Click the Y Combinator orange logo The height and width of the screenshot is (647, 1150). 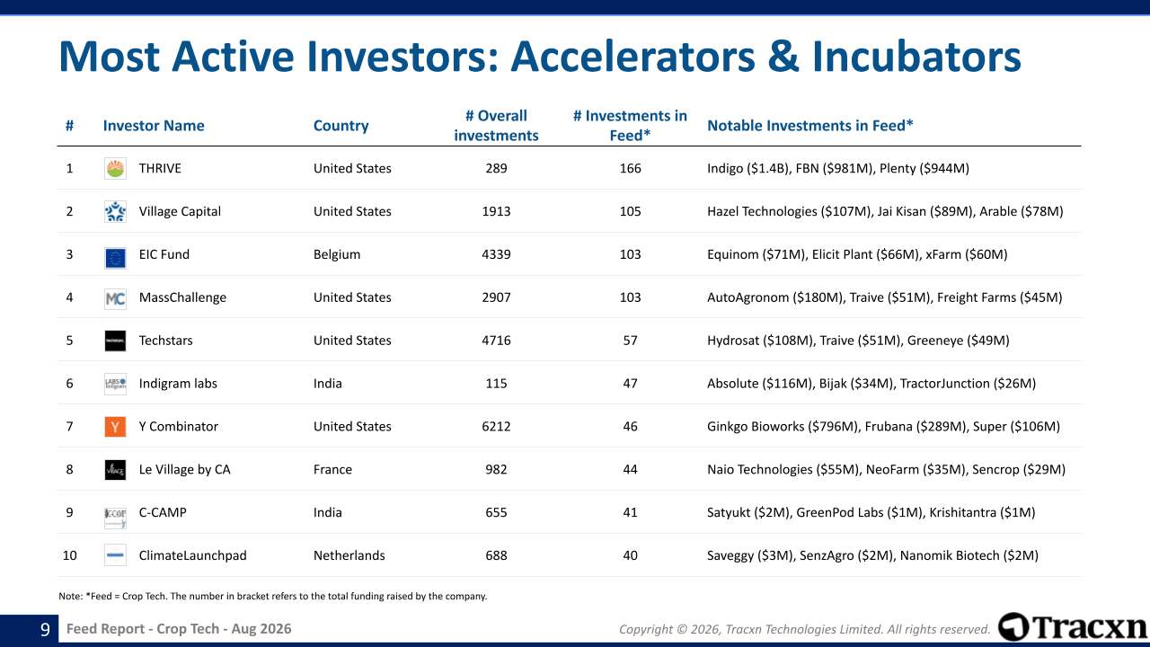pyautogui.click(x=115, y=427)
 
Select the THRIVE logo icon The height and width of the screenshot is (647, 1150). pyautogui.click(x=115, y=168)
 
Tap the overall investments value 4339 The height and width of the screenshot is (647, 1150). pyautogui.click(x=496, y=254)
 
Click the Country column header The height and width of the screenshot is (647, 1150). pyautogui.click(x=341, y=126)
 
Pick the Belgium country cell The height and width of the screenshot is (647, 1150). pyautogui.click(x=337, y=254)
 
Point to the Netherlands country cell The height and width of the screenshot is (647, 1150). pyautogui.click(x=349, y=555)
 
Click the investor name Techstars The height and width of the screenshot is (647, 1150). pyautogui.click(x=166, y=341)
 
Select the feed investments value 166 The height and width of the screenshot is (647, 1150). pyautogui.click(x=630, y=168)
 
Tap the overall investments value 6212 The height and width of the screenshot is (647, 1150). pyautogui.click(x=496, y=427)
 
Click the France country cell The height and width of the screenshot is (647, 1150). pyautogui.click(x=332, y=470)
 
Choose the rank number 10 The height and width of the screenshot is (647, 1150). pyautogui.click(x=69, y=555)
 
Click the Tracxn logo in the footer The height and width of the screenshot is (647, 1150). pyautogui.click(x=1072, y=627)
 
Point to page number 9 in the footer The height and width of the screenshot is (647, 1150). pyautogui.click(x=45, y=629)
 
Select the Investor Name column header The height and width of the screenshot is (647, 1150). pyautogui.click(x=154, y=126)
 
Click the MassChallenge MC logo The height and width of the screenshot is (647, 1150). pyautogui.click(x=115, y=297)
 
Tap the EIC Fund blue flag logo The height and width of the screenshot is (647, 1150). pyautogui.click(x=115, y=258)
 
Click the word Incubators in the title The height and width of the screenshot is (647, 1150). pyautogui.click(x=916, y=57)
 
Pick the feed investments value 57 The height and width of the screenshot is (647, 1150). pyautogui.click(x=630, y=341)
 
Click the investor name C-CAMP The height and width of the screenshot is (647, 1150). pyautogui.click(x=163, y=512)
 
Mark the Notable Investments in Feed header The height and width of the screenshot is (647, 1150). pyautogui.click(x=810, y=126)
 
